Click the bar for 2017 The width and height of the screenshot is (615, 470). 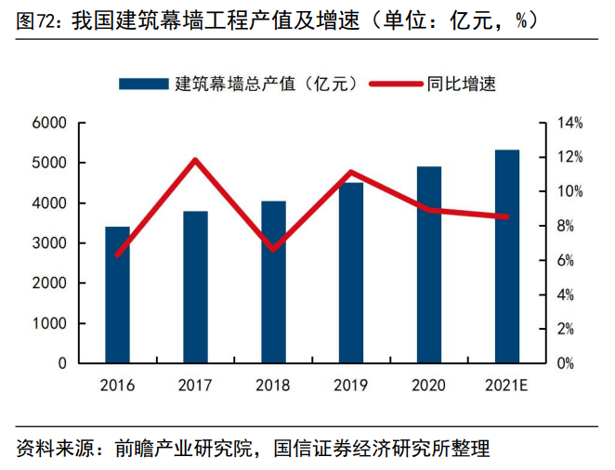[195, 288]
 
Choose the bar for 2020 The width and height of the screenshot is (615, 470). [428, 265]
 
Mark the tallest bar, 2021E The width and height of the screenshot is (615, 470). [506, 255]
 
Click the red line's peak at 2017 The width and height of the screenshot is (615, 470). [195, 160]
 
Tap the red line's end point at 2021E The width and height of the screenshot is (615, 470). [506, 216]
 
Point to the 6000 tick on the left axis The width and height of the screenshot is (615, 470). [48, 123]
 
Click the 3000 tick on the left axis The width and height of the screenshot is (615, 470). [48, 243]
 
